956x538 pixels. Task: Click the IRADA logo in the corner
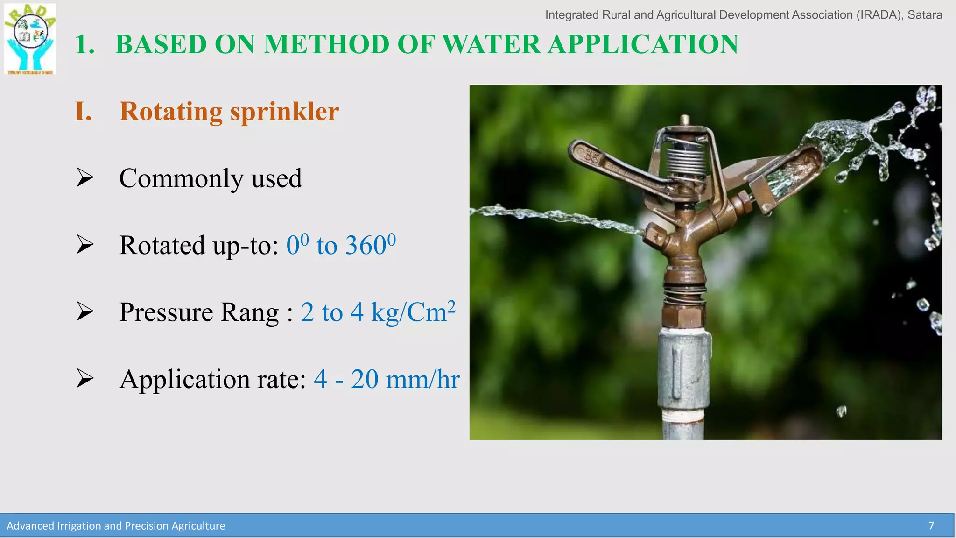[30, 39]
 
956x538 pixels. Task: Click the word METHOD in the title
[326, 44]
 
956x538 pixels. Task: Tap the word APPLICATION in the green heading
[643, 44]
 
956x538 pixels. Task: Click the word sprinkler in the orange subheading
[284, 111]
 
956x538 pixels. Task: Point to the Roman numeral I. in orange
[83, 111]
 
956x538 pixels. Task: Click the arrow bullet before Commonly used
[85, 178]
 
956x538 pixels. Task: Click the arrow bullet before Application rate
[85, 378]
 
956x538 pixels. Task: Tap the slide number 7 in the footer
[931, 526]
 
